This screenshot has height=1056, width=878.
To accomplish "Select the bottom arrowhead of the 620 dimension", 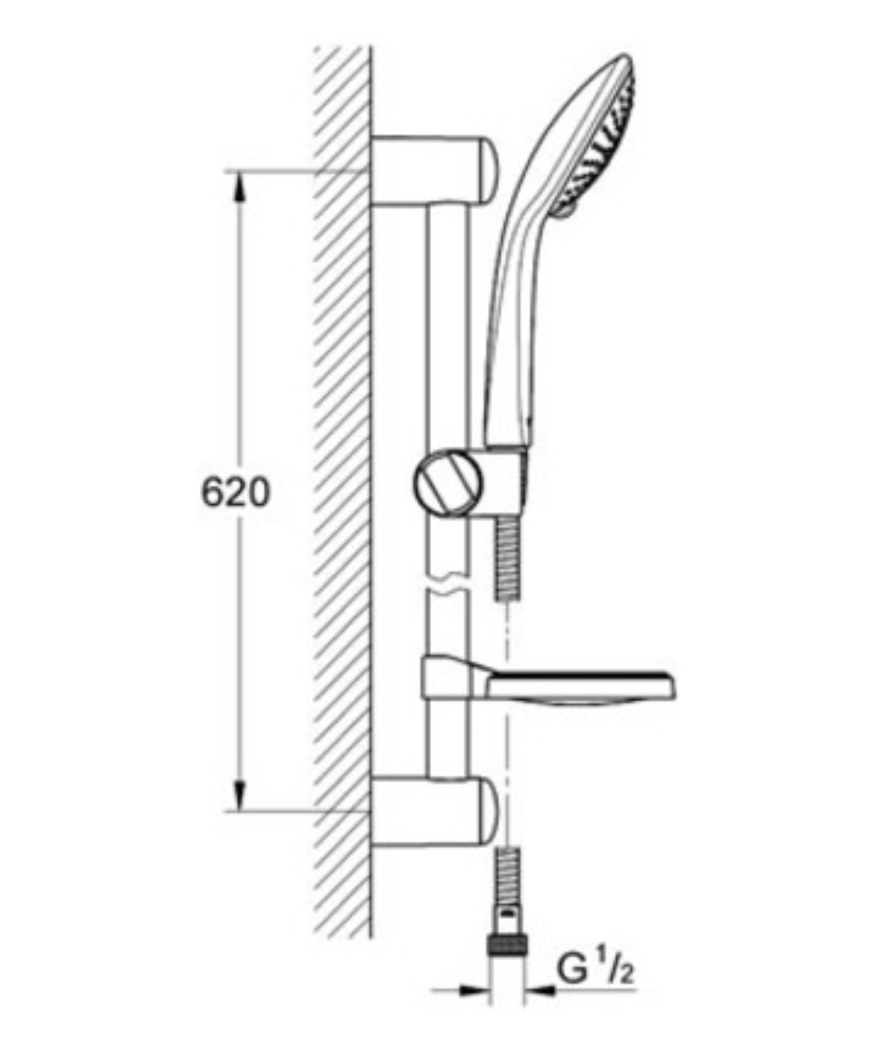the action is coord(240,806).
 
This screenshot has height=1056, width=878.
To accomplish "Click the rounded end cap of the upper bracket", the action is coord(489,170).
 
